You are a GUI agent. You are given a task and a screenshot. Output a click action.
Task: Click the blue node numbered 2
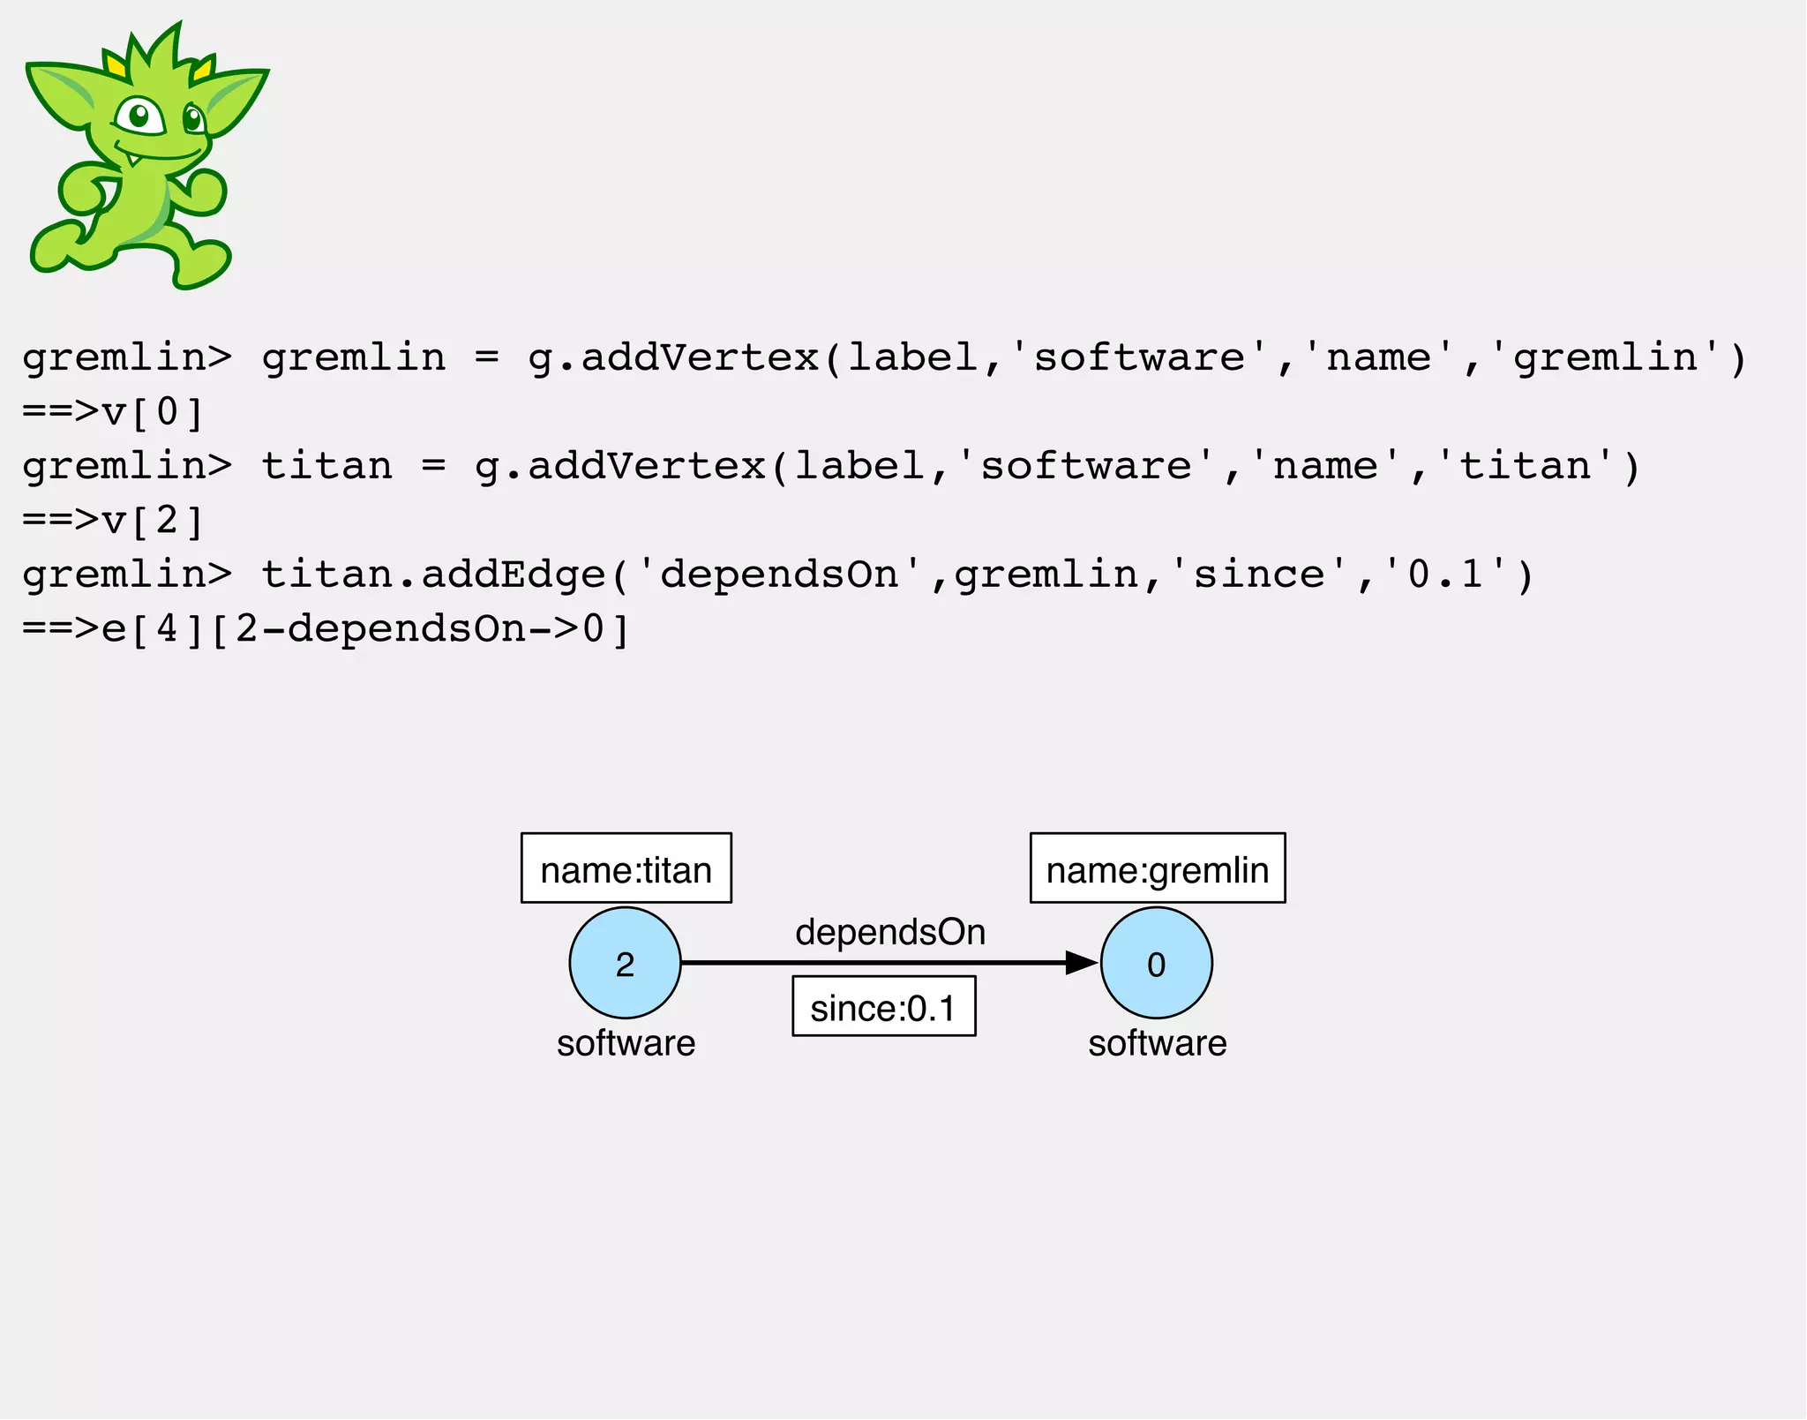(625, 963)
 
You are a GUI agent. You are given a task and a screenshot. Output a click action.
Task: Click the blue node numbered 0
(1156, 963)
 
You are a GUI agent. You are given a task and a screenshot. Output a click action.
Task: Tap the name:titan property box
(626, 868)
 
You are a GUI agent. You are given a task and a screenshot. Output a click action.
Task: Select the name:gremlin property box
(1157, 868)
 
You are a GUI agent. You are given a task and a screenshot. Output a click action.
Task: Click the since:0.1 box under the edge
(883, 1006)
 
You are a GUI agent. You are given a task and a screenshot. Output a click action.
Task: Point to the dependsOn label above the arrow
(889, 932)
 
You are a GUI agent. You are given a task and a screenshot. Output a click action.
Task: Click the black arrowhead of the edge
(1080, 963)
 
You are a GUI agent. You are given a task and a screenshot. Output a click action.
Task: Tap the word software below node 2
(626, 1043)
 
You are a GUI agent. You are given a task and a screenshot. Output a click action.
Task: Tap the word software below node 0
(1157, 1043)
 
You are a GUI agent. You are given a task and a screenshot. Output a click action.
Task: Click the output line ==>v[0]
(113, 412)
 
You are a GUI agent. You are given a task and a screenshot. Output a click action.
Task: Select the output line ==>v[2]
(113, 521)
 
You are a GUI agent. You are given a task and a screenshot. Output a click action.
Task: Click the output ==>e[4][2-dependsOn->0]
(325, 629)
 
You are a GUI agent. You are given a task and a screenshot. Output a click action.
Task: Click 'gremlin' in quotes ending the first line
(1606, 357)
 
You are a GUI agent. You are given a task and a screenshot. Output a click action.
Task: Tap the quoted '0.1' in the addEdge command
(1445, 575)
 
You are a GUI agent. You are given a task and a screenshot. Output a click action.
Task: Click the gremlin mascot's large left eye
(139, 116)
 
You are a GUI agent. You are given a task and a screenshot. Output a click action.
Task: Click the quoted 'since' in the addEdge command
(1259, 575)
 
